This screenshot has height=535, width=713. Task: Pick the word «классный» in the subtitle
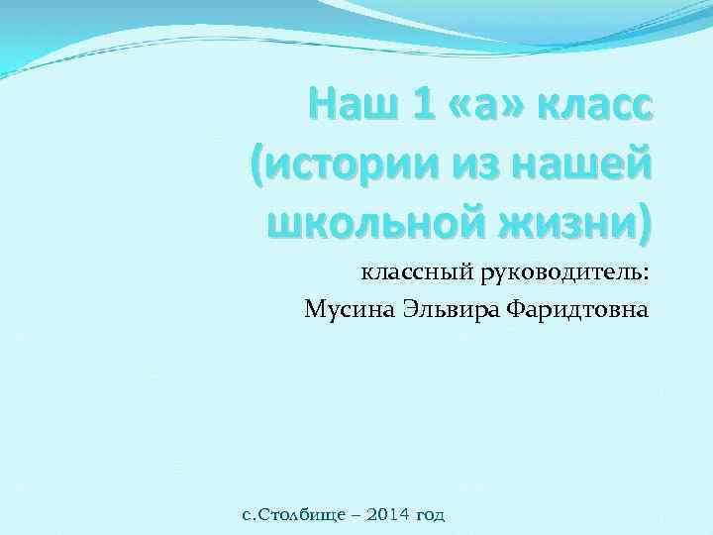(407, 271)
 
